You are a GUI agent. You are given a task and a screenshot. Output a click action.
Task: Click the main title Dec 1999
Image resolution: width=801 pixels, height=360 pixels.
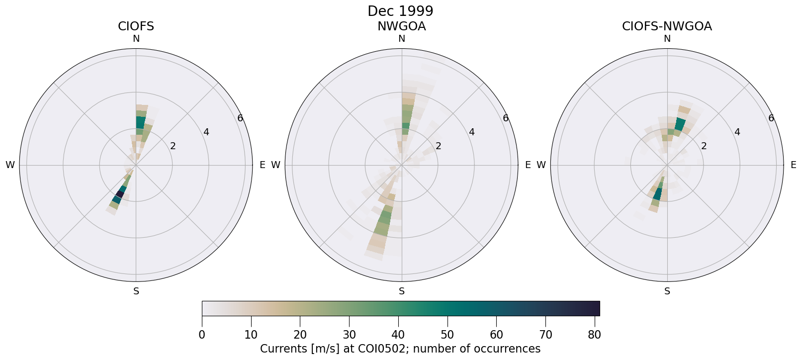400,11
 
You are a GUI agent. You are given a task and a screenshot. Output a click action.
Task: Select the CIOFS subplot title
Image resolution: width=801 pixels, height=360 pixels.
136,26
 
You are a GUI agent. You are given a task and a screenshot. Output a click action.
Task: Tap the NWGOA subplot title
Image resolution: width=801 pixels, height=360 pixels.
401,26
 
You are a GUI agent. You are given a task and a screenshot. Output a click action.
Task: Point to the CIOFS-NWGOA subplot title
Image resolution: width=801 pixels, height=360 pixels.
667,26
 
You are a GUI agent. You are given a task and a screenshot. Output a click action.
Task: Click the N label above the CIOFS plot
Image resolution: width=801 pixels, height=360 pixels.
136,39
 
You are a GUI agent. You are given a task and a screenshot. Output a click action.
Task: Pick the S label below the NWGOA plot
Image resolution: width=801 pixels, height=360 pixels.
401,291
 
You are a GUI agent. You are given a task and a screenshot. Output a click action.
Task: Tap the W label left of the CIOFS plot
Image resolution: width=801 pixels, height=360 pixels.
10,165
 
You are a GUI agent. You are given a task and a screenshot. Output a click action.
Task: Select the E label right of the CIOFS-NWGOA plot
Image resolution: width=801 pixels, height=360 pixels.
793,165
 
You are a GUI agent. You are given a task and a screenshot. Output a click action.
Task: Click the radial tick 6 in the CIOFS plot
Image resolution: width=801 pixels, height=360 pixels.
240,118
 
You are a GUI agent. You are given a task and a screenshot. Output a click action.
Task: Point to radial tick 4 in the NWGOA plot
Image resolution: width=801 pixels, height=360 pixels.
471,132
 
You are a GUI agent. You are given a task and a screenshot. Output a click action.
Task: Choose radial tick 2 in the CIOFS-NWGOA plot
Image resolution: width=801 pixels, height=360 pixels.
704,146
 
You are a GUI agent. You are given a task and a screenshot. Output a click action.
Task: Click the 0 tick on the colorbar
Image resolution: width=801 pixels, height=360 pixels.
202,335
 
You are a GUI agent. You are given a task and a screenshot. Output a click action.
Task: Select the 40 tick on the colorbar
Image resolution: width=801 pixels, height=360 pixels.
398,335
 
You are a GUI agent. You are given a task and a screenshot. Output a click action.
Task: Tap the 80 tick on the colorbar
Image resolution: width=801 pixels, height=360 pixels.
595,335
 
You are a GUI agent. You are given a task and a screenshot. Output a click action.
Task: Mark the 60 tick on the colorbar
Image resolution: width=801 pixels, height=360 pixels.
496,335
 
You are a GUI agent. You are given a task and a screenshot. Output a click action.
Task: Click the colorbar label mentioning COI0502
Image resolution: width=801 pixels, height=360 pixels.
400,349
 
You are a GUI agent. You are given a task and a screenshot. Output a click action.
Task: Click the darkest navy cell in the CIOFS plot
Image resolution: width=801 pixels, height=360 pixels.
120,194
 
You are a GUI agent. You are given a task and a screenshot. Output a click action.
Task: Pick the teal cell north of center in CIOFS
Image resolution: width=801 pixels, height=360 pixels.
141,122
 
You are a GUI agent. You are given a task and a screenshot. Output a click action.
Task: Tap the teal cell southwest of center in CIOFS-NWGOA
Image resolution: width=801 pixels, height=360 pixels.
658,193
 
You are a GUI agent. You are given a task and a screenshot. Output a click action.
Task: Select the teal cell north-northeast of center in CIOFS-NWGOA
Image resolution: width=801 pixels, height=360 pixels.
680,125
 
